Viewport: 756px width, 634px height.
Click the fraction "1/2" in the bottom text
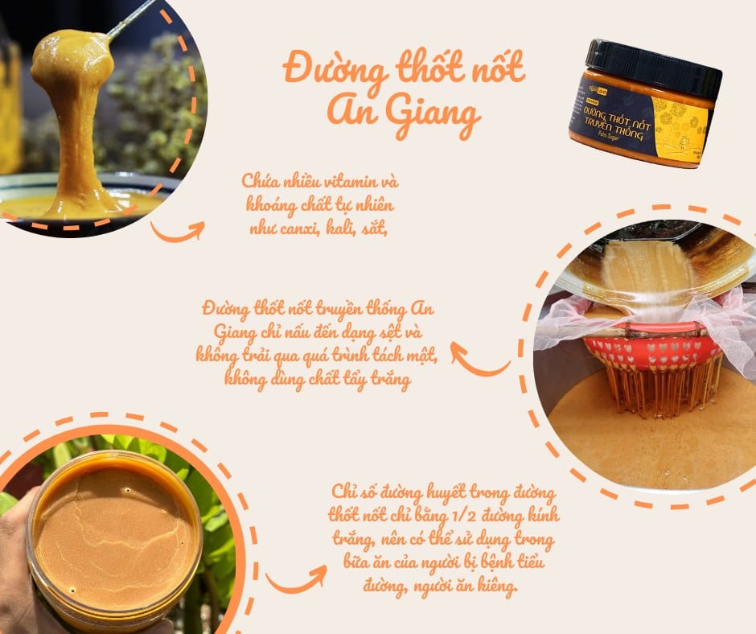point(465,516)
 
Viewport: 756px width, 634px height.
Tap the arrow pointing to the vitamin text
point(178,231)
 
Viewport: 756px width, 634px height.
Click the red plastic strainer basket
point(653,352)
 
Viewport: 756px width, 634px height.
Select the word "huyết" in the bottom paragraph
point(442,492)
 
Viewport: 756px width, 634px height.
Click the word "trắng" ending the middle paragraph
point(391,380)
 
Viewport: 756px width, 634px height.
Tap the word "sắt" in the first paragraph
point(375,228)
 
